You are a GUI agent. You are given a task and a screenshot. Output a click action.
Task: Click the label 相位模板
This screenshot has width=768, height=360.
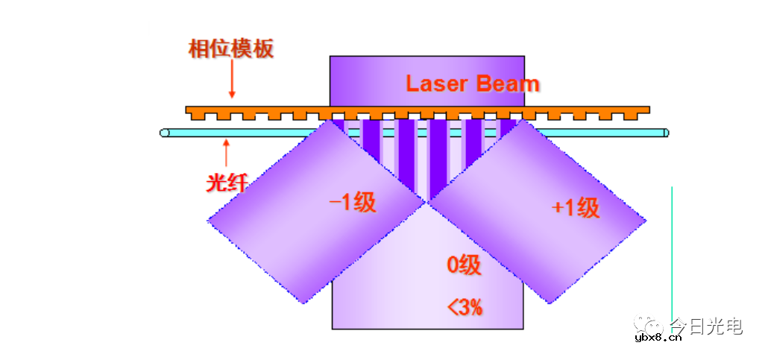point(231,49)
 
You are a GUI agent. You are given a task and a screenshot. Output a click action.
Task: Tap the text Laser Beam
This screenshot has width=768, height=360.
point(472,83)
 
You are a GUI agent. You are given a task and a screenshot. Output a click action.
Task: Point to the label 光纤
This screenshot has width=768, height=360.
point(226,182)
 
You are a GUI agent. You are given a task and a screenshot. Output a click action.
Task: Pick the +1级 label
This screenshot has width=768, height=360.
point(576,207)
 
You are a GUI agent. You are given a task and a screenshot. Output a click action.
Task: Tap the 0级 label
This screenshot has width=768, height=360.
point(464,265)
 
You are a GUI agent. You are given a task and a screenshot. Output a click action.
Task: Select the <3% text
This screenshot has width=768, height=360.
point(465,306)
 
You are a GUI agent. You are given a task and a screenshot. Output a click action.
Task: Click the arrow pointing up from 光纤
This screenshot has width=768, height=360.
point(226,154)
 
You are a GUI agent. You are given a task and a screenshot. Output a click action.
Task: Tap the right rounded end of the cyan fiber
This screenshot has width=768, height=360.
point(665,133)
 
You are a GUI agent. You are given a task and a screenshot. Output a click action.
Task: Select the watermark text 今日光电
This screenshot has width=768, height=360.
point(705,326)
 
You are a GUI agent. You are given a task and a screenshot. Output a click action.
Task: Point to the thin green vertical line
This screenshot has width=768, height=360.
point(672,253)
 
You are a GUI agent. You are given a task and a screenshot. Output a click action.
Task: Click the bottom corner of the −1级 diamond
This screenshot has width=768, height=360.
point(304,303)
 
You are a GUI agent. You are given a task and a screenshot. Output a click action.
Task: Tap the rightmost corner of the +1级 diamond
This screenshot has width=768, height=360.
point(646,220)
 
